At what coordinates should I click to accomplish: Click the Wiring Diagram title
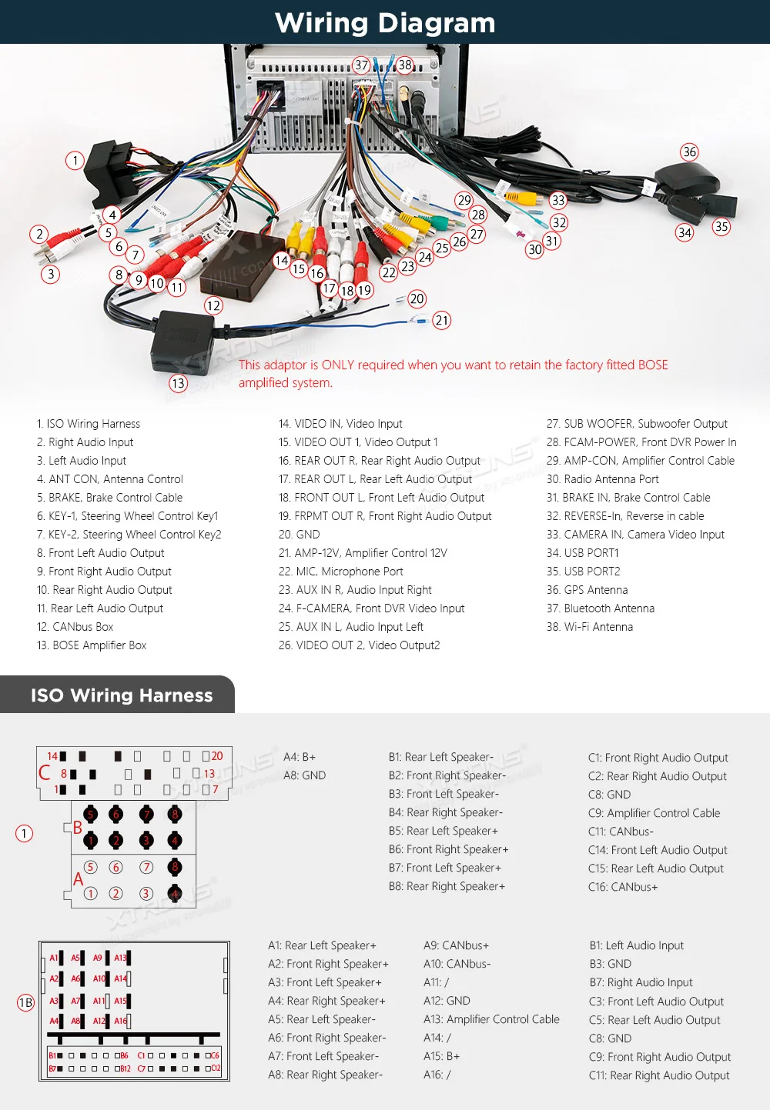click(x=385, y=22)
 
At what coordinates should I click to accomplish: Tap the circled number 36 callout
click(x=689, y=152)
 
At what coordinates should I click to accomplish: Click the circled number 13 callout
click(x=178, y=383)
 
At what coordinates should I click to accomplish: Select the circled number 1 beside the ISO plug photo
click(x=75, y=161)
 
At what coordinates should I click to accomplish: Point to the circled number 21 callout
click(x=441, y=320)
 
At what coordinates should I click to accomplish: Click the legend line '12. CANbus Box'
click(x=75, y=627)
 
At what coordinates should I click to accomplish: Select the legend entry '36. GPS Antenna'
click(x=587, y=590)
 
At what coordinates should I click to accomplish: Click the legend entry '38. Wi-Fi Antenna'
click(x=589, y=627)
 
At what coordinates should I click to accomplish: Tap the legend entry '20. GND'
click(x=299, y=535)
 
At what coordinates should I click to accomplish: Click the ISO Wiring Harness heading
click(x=122, y=695)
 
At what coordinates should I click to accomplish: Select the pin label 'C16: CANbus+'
click(x=622, y=887)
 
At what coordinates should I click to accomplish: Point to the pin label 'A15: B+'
click(x=441, y=1056)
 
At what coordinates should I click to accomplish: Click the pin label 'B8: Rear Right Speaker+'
click(x=447, y=886)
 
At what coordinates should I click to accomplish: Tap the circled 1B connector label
click(x=25, y=1002)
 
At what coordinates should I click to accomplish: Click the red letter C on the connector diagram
click(x=45, y=772)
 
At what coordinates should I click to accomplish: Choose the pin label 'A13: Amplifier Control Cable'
click(x=491, y=1019)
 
